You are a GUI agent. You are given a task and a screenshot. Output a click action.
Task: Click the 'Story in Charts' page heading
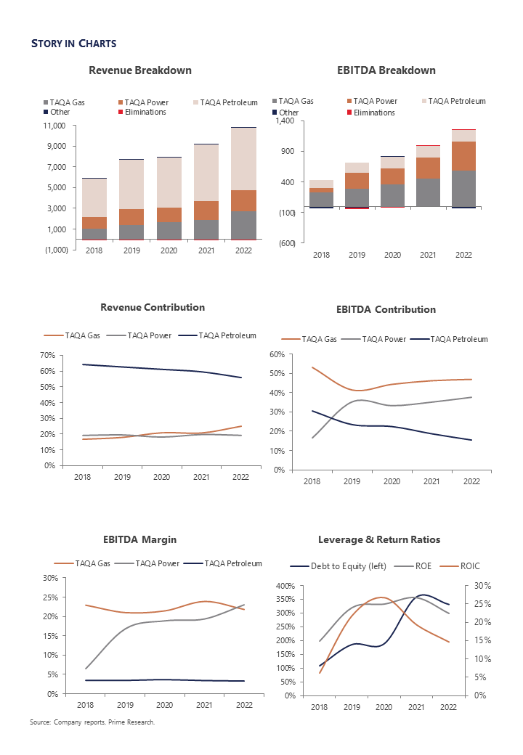pyautogui.click(x=73, y=44)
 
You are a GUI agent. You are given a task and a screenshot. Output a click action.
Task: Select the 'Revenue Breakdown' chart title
pyautogui.click(x=140, y=70)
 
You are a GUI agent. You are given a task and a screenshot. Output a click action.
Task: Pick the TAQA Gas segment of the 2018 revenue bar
pyautogui.click(x=94, y=234)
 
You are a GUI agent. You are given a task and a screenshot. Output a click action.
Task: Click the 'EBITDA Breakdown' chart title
pyautogui.click(x=386, y=70)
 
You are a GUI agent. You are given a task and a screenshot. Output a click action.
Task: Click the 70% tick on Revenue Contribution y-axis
pyautogui.click(x=47, y=355)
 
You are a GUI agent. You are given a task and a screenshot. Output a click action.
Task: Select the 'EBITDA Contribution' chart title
pyautogui.click(x=386, y=309)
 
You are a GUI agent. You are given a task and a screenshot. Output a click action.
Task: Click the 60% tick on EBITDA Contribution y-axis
pyautogui.click(x=275, y=354)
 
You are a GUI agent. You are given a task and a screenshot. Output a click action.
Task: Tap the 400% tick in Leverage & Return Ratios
pyautogui.click(x=285, y=586)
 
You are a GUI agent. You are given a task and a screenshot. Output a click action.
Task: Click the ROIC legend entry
pyautogui.click(x=469, y=566)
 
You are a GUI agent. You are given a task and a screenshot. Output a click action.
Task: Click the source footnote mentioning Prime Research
pyautogui.click(x=92, y=722)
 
